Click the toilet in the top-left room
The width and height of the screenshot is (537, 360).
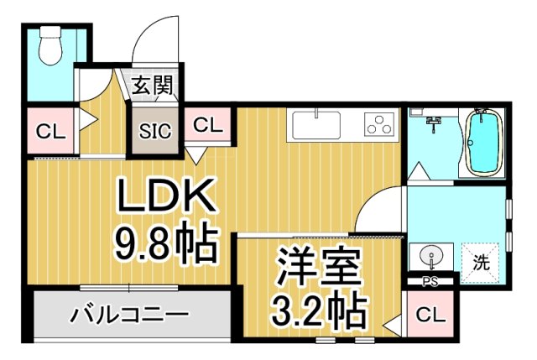(x=50, y=47)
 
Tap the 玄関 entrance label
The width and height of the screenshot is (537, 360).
(x=153, y=85)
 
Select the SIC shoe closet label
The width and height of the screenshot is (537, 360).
(x=154, y=131)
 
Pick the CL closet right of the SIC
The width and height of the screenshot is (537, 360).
(x=209, y=126)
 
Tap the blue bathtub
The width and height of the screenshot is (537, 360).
(x=481, y=143)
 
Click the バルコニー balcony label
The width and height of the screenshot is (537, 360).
(x=130, y=316)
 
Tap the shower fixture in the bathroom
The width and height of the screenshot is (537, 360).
(x=433, y=123)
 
